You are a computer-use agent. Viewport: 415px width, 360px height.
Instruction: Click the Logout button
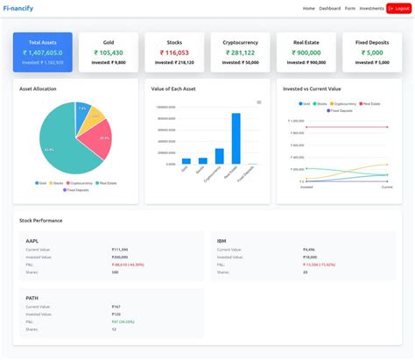[398, 8]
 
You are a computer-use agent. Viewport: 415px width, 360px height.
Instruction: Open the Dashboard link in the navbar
[330, 8]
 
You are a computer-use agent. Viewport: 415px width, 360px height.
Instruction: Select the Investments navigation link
[371, 8]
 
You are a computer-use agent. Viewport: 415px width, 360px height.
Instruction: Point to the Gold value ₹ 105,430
[109, 53]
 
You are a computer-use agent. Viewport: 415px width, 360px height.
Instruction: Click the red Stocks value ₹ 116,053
[175, 53]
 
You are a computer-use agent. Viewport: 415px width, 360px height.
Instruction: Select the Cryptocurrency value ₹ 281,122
[241, 53]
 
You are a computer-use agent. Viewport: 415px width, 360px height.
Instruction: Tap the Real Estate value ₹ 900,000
[306, 53]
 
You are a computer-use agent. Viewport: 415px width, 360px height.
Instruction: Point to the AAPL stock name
[32, 240]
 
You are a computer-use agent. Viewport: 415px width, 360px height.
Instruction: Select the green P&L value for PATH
[121, 321]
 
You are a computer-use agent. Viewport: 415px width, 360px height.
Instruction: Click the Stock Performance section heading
[41, 220]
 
